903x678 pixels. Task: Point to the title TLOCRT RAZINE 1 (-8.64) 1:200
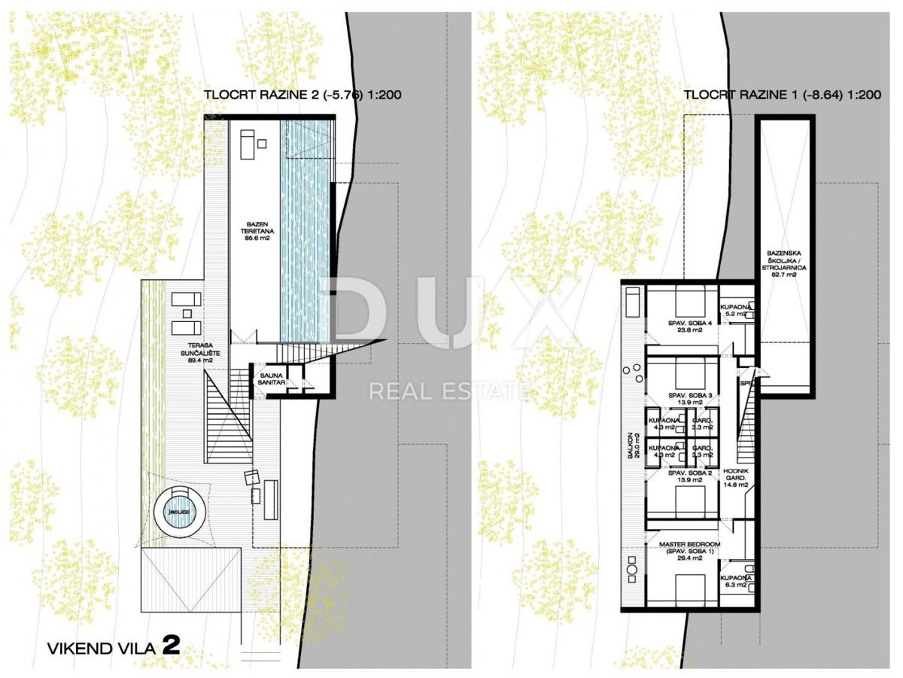pyautogui.click(x=783, y=95)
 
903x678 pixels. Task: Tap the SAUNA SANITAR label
pyautogui.click(x=272, y=378)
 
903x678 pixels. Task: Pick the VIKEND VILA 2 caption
pyautogui.click(x=114, y=646)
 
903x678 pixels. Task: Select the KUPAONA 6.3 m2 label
pyautogui.click(x=734, y=581)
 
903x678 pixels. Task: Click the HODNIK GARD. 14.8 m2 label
pyautogui.click(x=736, y=479)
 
